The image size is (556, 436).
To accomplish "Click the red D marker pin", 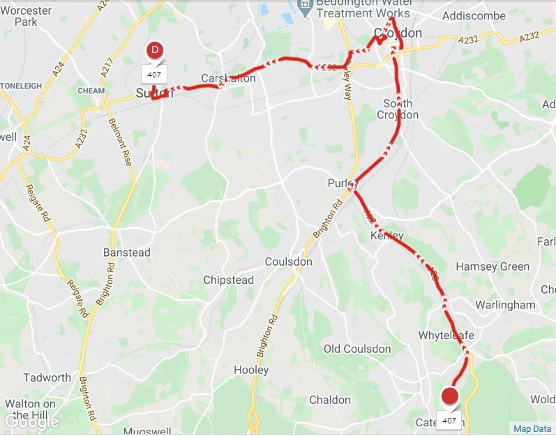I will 156,50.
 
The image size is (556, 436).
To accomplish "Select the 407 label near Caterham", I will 449,421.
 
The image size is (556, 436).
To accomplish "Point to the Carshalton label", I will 228,78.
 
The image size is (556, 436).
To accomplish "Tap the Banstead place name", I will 126,252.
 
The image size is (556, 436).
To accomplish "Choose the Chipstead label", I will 228,280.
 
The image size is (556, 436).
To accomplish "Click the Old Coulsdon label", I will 358,348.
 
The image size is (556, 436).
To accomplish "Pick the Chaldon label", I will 330,400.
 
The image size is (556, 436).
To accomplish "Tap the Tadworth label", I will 47,377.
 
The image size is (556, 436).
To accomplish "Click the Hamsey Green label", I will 492,266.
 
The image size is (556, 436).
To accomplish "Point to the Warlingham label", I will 505,305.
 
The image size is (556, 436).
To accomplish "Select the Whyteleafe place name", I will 446,336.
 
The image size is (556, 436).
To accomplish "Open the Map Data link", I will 532,429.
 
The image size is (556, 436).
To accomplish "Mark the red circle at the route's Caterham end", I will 451,398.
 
